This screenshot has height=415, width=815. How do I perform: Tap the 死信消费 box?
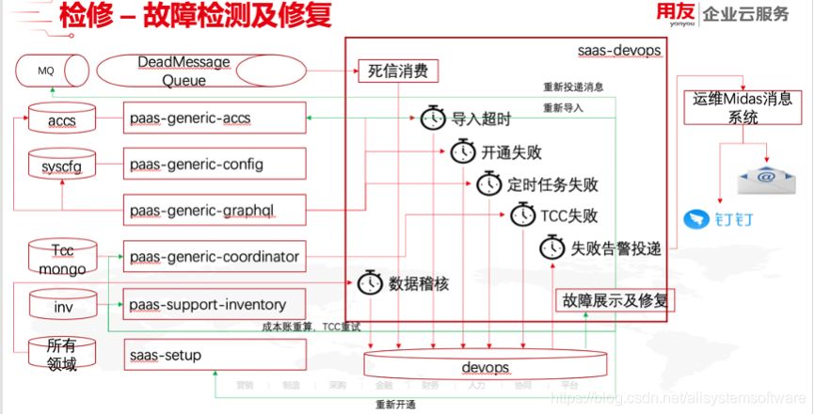point(397,72)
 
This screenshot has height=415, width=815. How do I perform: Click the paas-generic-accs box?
point(216,120)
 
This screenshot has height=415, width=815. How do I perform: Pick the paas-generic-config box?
point(216,165)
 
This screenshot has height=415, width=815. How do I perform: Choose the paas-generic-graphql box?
point(216,209)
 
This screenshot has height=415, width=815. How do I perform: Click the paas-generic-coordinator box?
point(216,257)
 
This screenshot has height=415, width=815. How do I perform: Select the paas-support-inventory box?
point(216,304)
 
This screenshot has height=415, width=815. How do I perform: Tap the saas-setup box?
point(216,356)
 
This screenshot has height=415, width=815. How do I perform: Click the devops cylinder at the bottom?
point(486,365)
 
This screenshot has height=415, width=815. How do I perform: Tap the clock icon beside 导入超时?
point(433,119)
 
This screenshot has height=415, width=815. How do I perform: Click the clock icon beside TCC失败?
point(523,215)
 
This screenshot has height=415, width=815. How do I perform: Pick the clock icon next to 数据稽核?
point(370,281)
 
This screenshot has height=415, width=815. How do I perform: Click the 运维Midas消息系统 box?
point(743,107)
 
